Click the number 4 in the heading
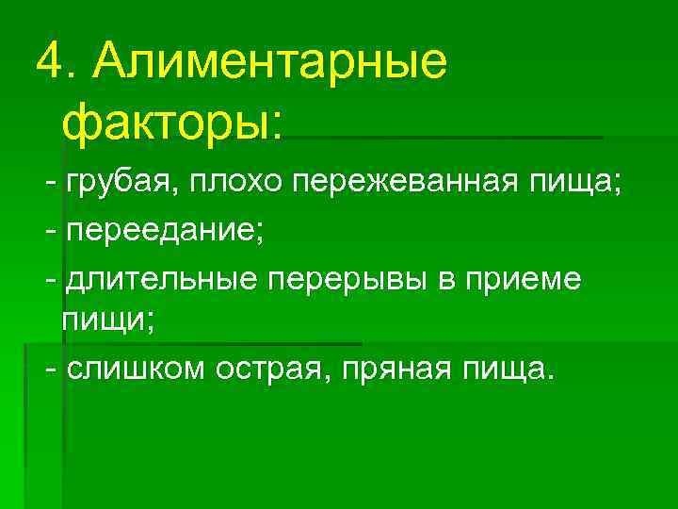coord(49,61)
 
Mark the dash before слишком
coord(50,369)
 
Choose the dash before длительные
coord(50,279)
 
